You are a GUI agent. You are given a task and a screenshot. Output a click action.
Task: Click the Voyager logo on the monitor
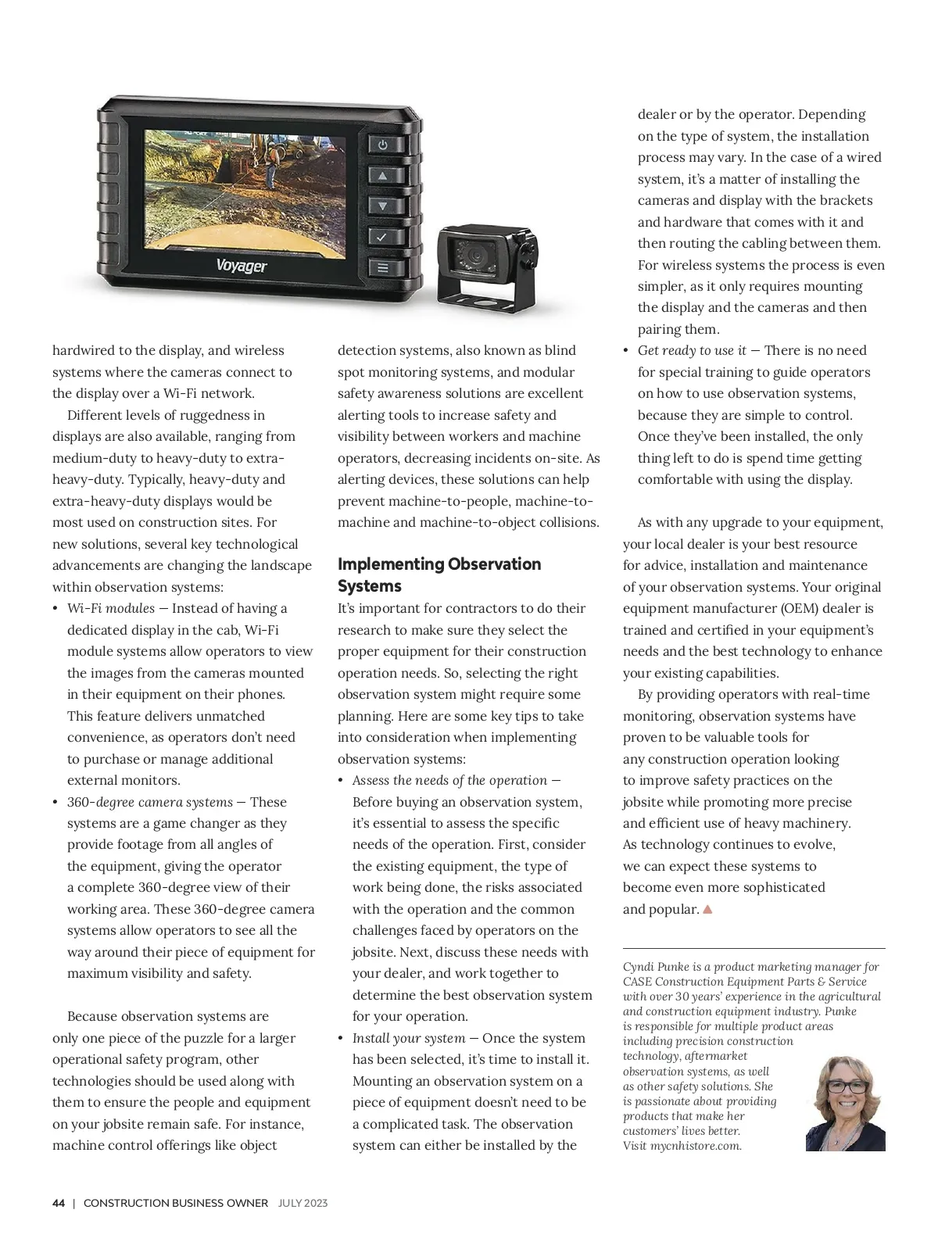[241, 267]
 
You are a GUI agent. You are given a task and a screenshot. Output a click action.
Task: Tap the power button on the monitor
[382, 145]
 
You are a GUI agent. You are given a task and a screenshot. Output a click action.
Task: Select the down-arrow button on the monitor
[382, 206]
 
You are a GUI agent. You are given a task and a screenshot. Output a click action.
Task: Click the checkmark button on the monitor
[382, 237]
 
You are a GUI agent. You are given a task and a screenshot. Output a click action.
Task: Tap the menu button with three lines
[382, 267]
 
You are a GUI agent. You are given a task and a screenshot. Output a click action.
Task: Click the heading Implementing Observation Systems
[439, 574]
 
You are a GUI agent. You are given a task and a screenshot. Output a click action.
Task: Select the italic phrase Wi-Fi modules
[110, 608]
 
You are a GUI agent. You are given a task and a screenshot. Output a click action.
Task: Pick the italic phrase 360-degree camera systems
[149, 802]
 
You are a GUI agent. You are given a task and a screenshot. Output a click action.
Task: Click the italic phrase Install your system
[409, 1038]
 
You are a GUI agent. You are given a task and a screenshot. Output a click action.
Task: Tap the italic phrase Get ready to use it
[692, 350]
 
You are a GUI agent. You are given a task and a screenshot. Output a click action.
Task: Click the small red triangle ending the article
[708, 909]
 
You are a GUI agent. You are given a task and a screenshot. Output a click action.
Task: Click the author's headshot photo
[845, 1103]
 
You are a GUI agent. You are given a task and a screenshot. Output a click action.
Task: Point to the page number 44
[59, 1203]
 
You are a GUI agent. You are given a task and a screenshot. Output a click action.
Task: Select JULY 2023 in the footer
[303, 1203]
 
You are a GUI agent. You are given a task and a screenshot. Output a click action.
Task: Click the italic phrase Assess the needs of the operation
[449, 780]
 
